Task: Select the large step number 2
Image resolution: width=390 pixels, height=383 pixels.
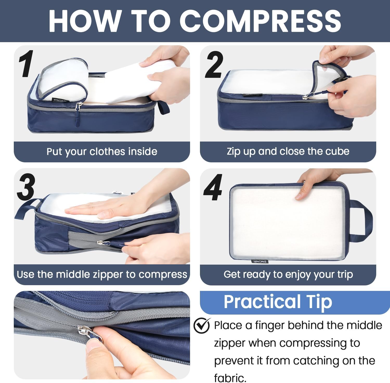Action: click(x=214, y=65)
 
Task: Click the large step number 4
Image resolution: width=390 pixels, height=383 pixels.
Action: click(x=213, y=187)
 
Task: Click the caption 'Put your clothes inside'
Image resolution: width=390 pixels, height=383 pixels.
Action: click(x=102, y=151)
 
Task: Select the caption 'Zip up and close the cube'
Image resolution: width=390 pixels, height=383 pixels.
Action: click(x=288, y=151)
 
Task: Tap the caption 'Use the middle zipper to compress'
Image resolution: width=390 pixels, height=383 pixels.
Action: click(x=102, y=275)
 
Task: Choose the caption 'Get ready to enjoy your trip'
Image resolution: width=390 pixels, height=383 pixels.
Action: click(x=288, y=275)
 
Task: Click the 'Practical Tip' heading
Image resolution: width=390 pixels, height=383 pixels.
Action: click(x=278, y=302)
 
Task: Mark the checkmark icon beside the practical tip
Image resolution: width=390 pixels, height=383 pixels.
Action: click(x=202, y=325)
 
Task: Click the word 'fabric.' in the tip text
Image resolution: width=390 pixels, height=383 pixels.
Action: click(x=230, y=378)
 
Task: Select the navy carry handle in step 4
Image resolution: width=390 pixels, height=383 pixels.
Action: click(x=364, y=221)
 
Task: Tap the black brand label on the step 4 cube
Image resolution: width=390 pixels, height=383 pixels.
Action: click(x=260, y=261)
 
